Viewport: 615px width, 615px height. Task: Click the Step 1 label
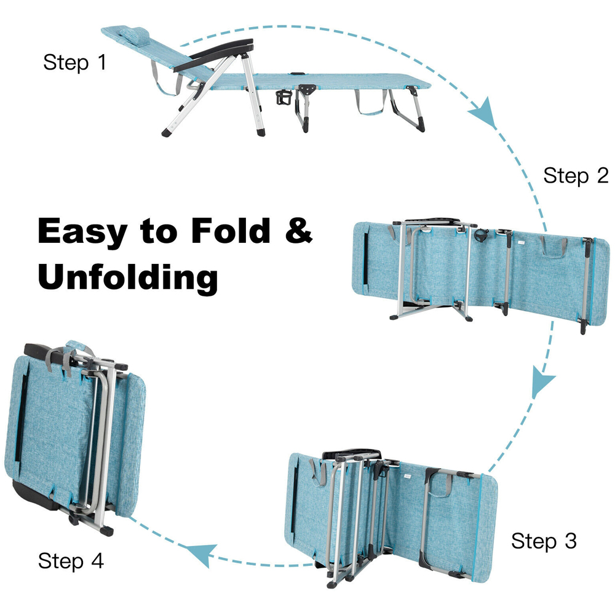click(74, 62)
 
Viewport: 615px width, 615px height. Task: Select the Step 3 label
click(544, 541)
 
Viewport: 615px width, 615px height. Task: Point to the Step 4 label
click(71, 560)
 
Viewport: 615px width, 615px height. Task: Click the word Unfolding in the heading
click(128, 277)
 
